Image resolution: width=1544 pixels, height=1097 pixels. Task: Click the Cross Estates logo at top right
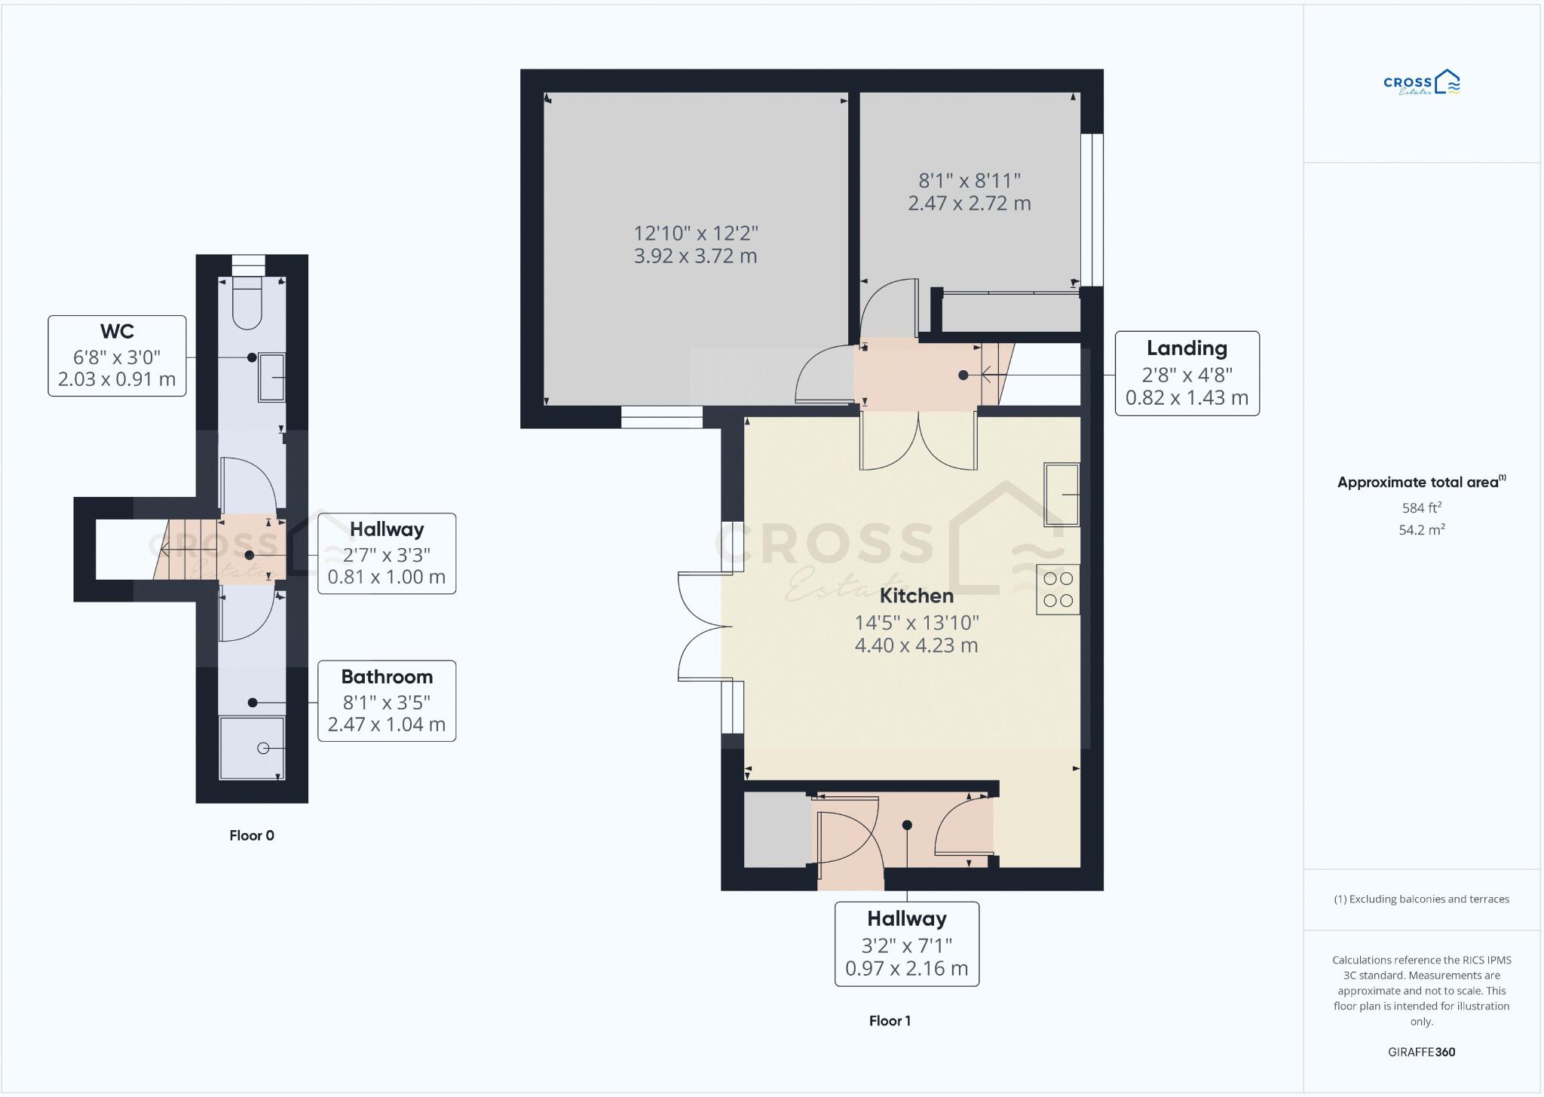1421,83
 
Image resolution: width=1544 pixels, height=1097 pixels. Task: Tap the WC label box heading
117,332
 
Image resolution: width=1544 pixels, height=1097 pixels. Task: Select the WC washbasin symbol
272,377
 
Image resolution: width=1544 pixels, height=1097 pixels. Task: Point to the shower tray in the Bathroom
253,748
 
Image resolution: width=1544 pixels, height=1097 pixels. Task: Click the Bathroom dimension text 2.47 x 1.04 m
386,725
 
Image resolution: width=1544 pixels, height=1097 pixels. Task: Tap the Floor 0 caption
252,835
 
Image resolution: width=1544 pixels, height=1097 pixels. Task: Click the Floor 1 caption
890,1021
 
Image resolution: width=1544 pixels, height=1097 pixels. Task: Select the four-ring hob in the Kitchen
1058,590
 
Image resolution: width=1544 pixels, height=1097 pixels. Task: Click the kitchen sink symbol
1061,495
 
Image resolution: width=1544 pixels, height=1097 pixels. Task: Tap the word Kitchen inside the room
917,596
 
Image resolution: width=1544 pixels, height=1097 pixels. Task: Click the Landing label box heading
1187,348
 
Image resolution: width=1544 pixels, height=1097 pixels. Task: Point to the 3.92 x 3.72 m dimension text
695,256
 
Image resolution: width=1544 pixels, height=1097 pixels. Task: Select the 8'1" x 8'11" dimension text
970,181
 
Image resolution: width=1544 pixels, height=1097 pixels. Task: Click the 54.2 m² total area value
1421,530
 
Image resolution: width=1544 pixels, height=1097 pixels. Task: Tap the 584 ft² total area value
1421,508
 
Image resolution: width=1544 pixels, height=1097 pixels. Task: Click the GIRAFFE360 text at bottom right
1421,1052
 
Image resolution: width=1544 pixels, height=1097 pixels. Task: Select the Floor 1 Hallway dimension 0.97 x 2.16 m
906,969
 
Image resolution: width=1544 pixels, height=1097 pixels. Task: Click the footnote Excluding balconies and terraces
1421,899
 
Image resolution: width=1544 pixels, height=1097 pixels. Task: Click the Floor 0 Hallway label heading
386,529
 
